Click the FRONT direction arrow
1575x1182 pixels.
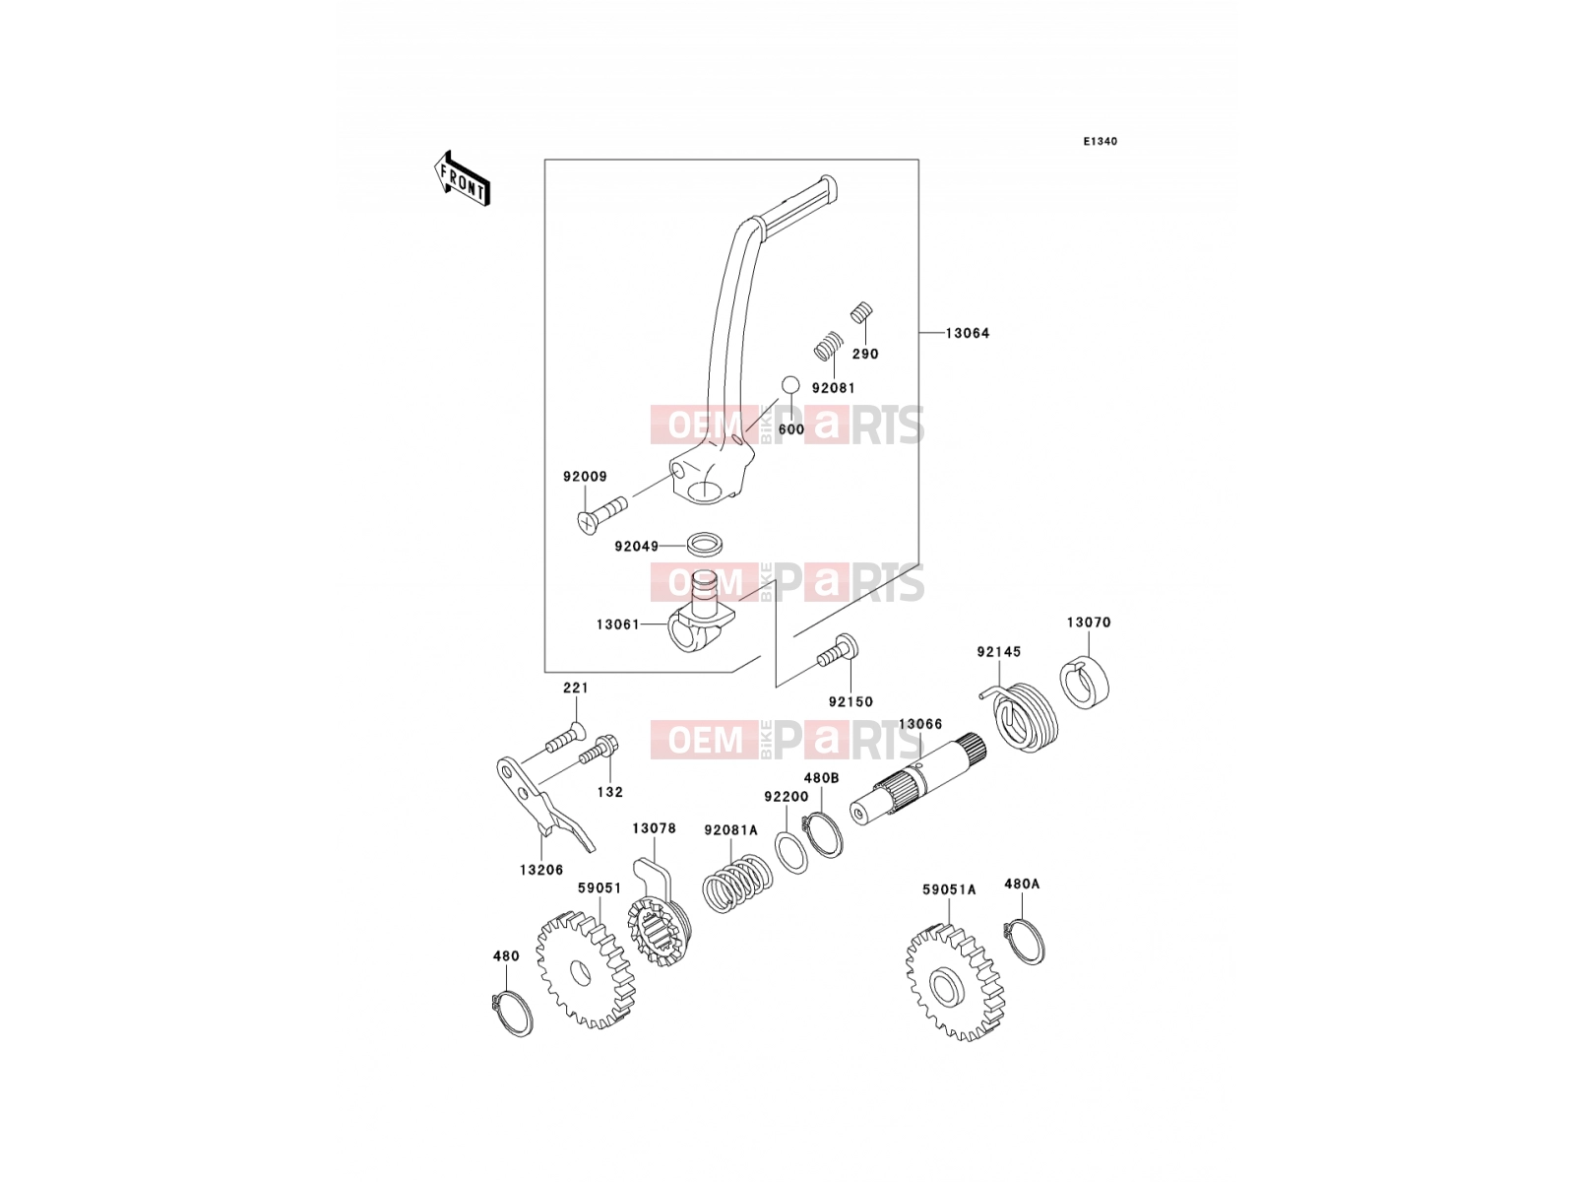click(x=462, y=178)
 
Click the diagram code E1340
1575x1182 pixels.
click(x=1100, y=142)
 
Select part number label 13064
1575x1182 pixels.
click(x=967, y=333)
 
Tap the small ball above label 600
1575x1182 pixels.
click(x=790, y=385)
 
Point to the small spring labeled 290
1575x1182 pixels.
click(x=861, y=313)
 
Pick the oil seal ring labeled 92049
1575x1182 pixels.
click(x=704, y=544)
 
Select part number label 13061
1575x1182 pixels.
click(x=617, y=624)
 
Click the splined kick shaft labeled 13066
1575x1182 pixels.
click(x=917, y=781)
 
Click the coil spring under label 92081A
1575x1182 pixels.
click(x=737, y=884)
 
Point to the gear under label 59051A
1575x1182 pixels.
click(x=955, y=982)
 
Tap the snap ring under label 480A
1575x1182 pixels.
click(x=1024, y=941)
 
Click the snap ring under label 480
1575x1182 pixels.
click(x=512, y=1013)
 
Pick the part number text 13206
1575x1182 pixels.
click(x=541, y=871)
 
